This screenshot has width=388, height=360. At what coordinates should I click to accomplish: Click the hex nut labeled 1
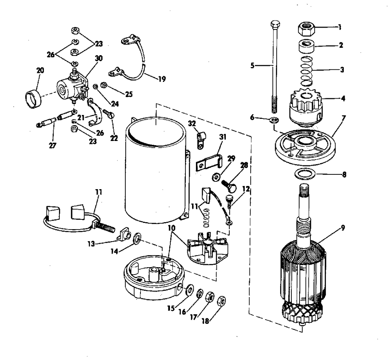(307, 29)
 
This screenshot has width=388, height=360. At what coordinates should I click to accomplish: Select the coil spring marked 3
(307, 71)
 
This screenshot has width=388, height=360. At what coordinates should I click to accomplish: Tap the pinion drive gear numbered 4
(306, 106)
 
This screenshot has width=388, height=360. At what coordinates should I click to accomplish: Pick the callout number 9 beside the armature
(343, 228)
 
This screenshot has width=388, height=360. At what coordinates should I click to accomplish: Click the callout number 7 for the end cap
(343, 118)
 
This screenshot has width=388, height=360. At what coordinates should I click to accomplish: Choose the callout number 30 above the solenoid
(99, 58)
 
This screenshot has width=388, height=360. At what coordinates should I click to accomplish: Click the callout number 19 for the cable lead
(162, 79)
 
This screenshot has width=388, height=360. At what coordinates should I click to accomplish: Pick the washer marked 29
(216, 177)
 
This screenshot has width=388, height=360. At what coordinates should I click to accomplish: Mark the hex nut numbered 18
(221, 301)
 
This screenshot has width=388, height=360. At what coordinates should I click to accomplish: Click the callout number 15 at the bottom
(171, 308)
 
